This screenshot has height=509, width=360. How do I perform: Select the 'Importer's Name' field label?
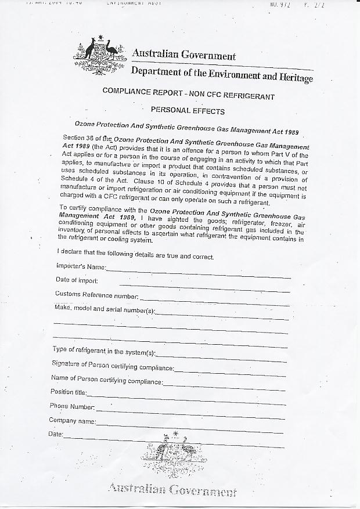tap(81, 266)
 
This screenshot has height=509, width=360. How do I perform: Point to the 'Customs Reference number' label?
tap(96, 294)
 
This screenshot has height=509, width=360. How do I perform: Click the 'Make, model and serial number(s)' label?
tap(105, 309)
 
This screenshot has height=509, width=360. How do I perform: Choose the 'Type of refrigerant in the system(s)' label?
tap(104, 351)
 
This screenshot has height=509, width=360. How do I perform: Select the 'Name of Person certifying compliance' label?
tap(107, 379)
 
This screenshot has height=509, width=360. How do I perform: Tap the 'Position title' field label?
tap(69, 392)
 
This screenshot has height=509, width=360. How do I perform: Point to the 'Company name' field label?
tap(73, 420)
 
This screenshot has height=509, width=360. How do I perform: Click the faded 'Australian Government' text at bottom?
tap(172, 491)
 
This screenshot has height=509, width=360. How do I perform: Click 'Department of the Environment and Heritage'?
tap(221, 74)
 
